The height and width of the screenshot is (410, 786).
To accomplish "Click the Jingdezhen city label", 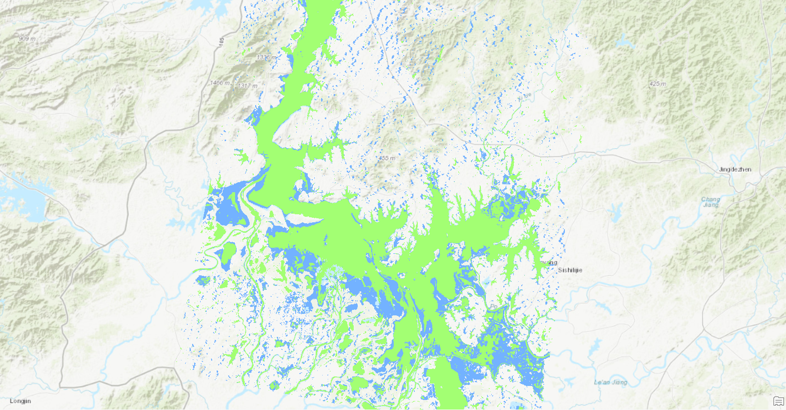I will click(x=735, y=169).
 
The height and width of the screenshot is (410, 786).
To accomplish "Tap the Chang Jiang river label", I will click(x=710, y=202).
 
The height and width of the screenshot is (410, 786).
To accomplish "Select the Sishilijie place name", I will click(x=570, y=270).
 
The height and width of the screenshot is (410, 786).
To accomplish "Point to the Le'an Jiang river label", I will click(x=610, y=382).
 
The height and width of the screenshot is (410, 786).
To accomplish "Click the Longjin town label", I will click(x=20, y=401).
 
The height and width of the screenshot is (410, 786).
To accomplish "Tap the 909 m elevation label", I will click(x=27, y=39).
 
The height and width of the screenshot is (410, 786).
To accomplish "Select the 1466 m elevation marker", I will click(x=220, y=83).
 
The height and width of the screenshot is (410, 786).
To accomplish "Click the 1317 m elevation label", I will click(x=248, y=86).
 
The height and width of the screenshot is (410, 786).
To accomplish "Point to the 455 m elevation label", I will click(x=386, y=158).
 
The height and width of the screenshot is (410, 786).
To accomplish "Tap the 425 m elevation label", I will click(x=657, y=84).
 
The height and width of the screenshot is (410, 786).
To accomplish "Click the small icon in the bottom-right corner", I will click(x=778, y=401).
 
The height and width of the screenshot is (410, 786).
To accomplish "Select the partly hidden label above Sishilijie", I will click(x=550, y=262).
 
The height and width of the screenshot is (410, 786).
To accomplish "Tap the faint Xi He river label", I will click(x=525, y=95).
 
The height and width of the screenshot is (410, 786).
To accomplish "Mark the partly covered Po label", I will click(x=493, y=306).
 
